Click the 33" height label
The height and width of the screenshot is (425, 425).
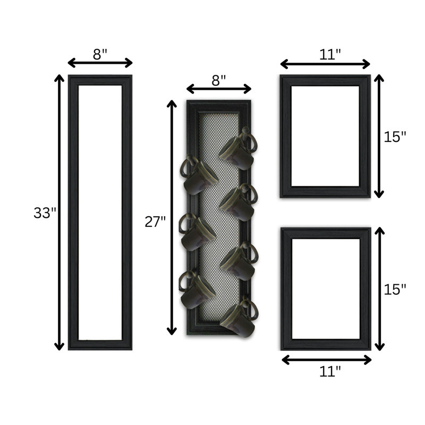(x=45, y=213)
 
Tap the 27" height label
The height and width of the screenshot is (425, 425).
(x=155, y=222)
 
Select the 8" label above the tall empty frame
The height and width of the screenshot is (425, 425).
(x=100, y=54)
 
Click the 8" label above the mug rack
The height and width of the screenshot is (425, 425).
(x=218, y=80)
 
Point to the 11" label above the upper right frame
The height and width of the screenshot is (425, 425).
(x=329, y=55)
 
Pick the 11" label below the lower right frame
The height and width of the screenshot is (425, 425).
(x=330, y=371)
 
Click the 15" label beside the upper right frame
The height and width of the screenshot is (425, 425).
(x=395, y=137)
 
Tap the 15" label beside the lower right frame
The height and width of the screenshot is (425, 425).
(x=395, y=289)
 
